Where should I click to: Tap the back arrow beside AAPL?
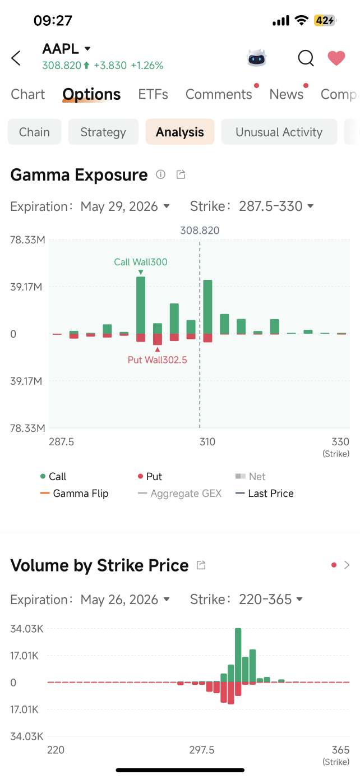(x=16, y=58)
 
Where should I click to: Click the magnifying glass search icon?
(x=306, y=58)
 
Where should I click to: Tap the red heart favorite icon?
(x=336, y=58)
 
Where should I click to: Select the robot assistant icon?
(x=257, y=58)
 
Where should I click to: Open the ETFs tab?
(x=153, y=94)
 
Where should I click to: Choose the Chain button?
(x=34, y=132)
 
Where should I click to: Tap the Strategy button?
(x=103, y=132)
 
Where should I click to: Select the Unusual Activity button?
(x=279, y=132)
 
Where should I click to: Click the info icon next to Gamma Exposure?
(x=160, y=174)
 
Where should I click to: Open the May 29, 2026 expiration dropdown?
(x=125, y=206)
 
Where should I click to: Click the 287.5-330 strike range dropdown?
(x=276, y=206)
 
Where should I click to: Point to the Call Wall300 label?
(x=141, y=262)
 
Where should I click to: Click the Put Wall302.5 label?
(x=157, y=359)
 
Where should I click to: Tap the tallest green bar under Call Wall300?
(x=141, y=305)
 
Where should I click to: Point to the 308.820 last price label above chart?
(x=200, y=230)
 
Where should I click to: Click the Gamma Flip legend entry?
(x=75, y=493)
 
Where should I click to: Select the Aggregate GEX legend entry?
(x=179, y=493)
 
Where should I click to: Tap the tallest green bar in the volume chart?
(x=238, y=655)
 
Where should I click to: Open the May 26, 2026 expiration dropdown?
(x=125, y=599)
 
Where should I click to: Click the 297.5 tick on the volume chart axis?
(x=202, y=750)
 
